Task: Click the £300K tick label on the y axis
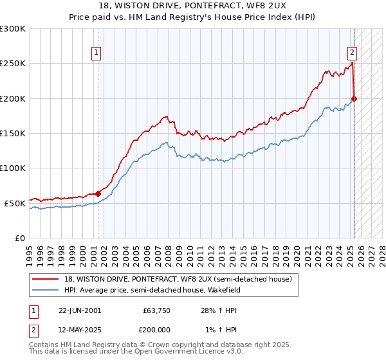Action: pos(12,29)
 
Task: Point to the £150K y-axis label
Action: pos(12,133)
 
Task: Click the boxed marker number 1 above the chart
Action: pos(96,53)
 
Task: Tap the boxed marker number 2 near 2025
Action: pos(353,53)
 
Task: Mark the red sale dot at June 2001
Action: pos(98,194)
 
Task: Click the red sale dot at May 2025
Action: pos(354,98)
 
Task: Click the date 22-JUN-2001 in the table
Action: pos(80,310)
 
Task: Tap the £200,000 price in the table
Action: pos(156,330)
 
